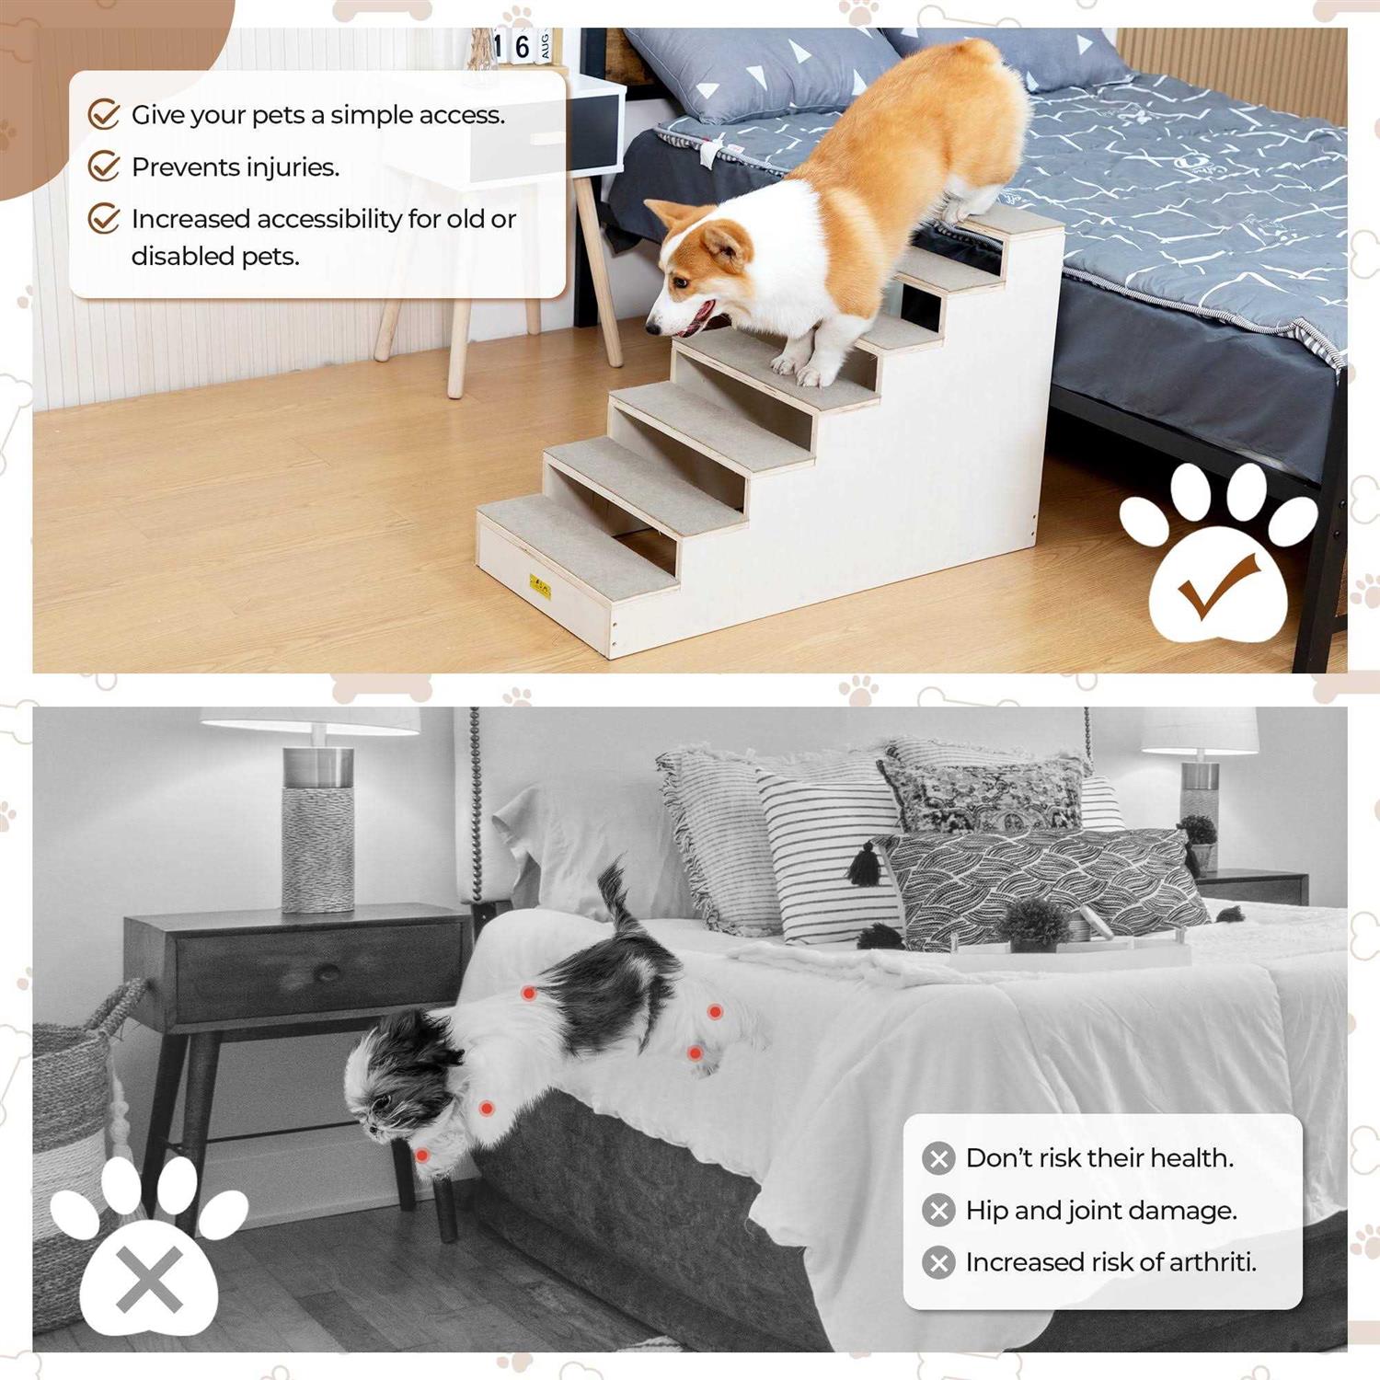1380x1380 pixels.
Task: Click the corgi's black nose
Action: [652, 327]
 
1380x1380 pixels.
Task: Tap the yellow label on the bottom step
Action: [538, 585]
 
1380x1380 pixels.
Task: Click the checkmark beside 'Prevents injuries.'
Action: [104, 167]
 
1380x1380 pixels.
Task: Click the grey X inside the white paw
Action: [149, 1280]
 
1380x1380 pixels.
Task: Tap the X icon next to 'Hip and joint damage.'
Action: [938, 1210]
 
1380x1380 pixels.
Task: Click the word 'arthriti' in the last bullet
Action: [1213, 1261]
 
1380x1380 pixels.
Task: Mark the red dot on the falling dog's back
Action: [529, 994]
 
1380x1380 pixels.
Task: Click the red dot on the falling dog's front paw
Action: [421, 1155]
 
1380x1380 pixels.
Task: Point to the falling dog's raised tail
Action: [615, 892]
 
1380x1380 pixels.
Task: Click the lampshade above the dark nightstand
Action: [310, 720]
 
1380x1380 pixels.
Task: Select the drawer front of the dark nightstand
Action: [318, 971]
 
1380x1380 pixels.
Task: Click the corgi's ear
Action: [726, 247]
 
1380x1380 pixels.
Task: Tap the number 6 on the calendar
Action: [522, 46]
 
